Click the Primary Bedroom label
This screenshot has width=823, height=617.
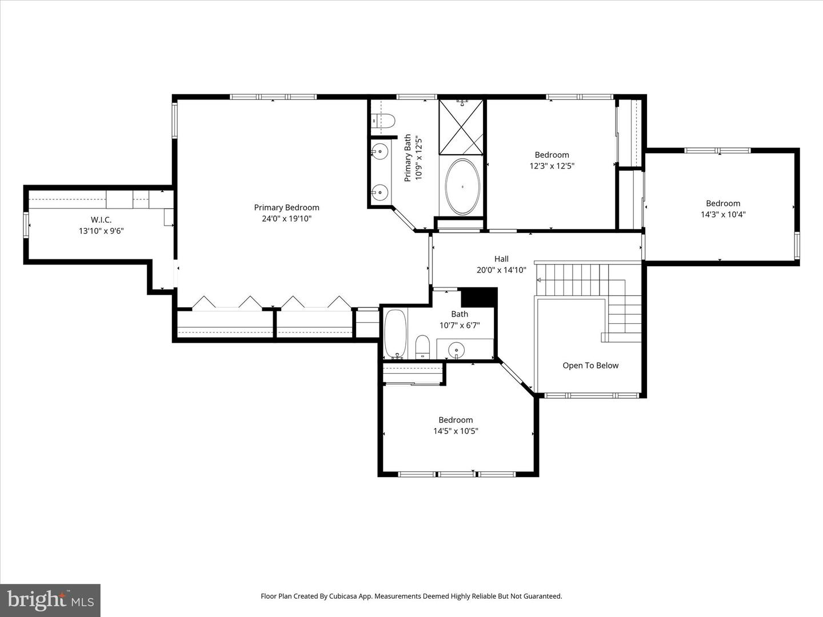click(x=286, y=207)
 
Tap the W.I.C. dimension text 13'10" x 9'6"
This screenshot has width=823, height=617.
click(x=101, y=231)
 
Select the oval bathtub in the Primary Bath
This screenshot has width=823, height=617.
click(x=462, y=187)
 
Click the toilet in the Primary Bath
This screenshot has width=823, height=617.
click(x=383, y=121)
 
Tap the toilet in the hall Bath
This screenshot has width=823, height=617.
click(x=422, y=347)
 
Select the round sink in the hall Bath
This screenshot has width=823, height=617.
click(x=456, y=349)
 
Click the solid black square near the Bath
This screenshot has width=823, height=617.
click(x=479, y=297)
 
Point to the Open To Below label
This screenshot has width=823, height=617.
click(x=590, y=366)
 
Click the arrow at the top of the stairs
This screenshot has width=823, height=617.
click(x=539, y=279)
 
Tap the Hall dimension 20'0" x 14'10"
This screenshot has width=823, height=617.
click(x=501, y=270)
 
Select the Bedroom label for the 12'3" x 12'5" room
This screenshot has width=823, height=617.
click(x=552, y=155)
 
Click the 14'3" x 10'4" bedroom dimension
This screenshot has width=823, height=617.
click(x=723, y=215)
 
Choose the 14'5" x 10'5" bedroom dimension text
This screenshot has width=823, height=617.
click(x=456, y=431)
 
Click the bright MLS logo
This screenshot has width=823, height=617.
click(x=50, y=600)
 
